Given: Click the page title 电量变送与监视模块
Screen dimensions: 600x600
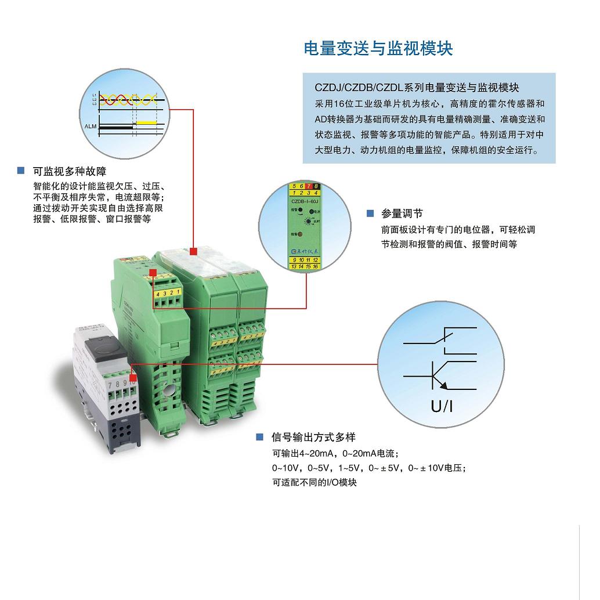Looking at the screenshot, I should point(378,48).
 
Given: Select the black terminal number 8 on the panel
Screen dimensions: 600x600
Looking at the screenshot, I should point(316,186).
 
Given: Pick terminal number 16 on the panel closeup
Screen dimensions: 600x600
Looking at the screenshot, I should point(315,266).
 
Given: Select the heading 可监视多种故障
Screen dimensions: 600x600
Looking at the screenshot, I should point(70,172).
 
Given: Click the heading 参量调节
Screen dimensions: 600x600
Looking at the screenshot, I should point(402,214).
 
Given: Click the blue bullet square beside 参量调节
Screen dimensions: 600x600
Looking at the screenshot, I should point(370,214).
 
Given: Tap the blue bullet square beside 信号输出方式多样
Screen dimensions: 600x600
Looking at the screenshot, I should point(260,437).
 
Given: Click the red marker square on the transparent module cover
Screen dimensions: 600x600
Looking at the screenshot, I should point(194,251).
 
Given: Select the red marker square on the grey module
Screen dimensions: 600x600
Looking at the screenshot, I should point(133,367).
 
